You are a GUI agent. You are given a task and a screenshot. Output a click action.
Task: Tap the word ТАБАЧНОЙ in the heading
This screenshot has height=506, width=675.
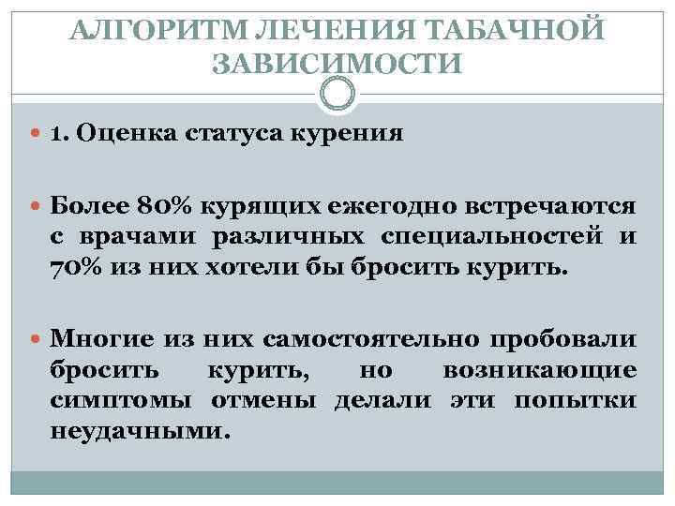(x=517, y=31)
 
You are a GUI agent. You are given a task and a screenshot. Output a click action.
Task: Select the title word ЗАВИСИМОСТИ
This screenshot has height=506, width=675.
(x=337, y=65)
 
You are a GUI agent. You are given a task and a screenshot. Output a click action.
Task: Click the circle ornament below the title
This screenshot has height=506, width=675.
(x=337, y=94)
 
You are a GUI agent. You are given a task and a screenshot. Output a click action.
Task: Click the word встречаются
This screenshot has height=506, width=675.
(x=544, y=204)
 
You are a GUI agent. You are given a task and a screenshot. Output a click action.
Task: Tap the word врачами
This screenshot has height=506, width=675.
(x=135, y=237)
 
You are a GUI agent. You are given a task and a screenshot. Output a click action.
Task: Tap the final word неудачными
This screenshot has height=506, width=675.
(x=139, y=434)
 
